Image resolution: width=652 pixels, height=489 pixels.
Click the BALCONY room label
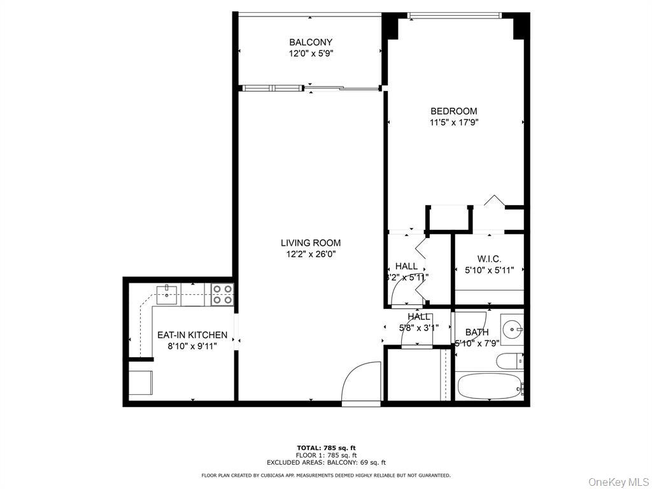(x=311, y=43)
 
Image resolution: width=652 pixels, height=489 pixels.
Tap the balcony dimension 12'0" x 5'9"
(x=311, y=54)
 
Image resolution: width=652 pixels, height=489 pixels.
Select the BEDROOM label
(x=453, y=111)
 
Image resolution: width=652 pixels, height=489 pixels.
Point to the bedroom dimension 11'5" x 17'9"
(x=453, y=123)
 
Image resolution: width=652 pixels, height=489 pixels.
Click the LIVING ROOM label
(x=311, y=243)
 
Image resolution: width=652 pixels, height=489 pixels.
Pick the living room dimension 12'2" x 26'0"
(x=311, y=254)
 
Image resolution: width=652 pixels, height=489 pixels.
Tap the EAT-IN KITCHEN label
(x=192, y=335)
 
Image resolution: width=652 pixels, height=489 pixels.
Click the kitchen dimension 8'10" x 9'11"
(x=192, y=346)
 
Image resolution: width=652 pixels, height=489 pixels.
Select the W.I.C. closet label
(x=489, y=259)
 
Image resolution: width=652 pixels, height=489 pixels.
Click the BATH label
(x=477, y=332)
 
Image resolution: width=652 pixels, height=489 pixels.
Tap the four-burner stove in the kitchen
(x=222, y=294)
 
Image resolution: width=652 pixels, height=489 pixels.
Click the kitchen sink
(x=167, y=293)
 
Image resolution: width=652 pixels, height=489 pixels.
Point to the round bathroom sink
(x=512, y=329)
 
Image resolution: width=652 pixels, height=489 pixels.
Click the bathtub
(x=489, y=386)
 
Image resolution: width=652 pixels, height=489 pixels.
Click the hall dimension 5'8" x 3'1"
(x=418, y=328)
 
